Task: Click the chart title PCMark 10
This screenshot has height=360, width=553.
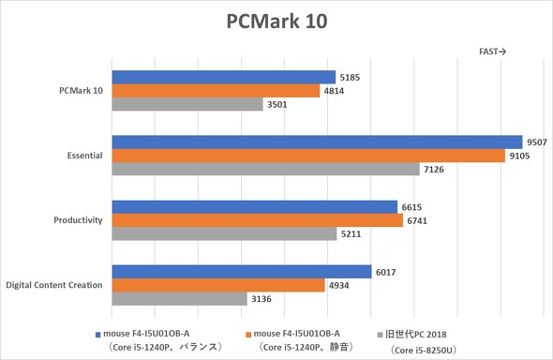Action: click(x=276, y=22)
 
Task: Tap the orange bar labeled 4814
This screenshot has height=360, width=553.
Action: click(x=216, y=91)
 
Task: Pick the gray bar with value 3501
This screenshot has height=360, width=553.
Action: click(x=187, y=105)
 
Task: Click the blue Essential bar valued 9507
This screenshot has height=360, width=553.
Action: click(x=317, y=142)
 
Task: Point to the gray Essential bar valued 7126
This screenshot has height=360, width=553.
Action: click(x=265, y=170)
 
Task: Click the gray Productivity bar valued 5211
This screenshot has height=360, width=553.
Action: click(x=224, y=234)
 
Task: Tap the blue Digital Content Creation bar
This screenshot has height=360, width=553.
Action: click(x=242, y=271)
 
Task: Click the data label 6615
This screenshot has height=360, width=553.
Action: click(x=411, y=206)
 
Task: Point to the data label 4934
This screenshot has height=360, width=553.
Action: click(x=338, y=285)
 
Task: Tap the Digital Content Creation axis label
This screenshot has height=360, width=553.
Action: click(x=54, y=285)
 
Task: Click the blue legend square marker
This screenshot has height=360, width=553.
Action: click(x=99, y=333)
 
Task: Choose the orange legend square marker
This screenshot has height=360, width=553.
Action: click(x=247, y=333)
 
